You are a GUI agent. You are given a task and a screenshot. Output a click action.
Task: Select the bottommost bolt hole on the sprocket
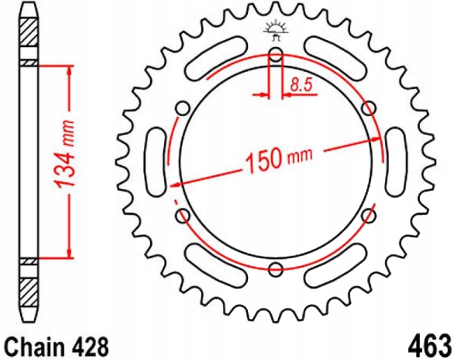[276, 270]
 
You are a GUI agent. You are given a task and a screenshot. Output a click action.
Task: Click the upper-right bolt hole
[369, 109]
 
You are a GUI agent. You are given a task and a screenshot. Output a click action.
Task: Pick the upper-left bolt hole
[182, 109]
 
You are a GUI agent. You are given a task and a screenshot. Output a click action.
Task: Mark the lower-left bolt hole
[183, 216]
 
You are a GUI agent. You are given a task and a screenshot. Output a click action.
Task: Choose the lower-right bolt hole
[369, 216]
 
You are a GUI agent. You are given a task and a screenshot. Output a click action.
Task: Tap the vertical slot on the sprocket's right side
[396, 162]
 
